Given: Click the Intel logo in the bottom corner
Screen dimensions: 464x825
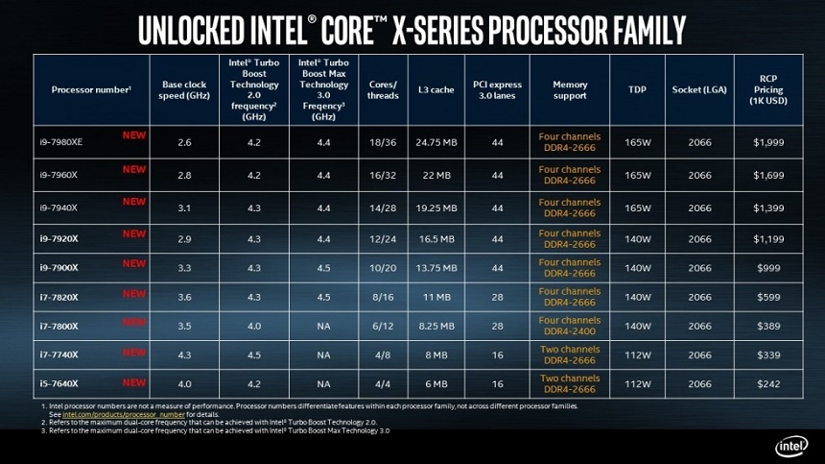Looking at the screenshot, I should tap(791, 446).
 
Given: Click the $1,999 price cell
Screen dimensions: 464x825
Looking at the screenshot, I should tap(768, 142).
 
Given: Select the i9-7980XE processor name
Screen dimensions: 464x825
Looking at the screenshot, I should tap(61, 142).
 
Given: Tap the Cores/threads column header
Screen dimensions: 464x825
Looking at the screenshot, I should tap(383, 89).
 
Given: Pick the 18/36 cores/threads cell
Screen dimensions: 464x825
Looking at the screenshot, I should tap(383, 142).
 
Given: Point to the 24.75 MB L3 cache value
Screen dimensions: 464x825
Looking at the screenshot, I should tap(436, 142).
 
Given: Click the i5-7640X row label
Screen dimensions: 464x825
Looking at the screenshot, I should tap(59, 384).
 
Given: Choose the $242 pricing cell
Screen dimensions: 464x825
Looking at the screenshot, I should tap(768, 384).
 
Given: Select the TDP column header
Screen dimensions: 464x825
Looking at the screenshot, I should tap(637, 89).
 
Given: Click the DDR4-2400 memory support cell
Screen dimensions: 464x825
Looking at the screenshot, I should tap(569, 326).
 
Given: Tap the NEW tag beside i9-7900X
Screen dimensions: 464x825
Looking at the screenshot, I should tap(134, 263).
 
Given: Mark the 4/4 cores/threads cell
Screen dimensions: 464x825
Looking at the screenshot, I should tap(383, 384).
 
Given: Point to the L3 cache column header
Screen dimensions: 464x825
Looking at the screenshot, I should tap(436, 89).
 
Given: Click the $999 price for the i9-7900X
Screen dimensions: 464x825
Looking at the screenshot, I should tap(768, 268).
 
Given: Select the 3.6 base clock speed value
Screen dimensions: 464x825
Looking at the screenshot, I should tap(184, 298).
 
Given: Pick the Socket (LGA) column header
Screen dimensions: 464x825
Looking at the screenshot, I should tap(699, 89).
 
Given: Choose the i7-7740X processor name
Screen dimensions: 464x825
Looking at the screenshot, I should tap(59, 355).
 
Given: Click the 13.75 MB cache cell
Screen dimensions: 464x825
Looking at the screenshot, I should tap(436, 268).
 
